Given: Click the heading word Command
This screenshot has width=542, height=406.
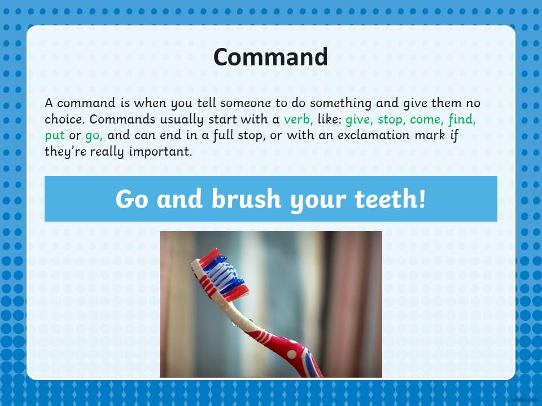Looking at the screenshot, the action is click(270, 57).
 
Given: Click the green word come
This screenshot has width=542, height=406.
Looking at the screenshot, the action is click(425, 120).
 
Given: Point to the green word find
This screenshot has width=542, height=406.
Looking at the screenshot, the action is click(461, 119).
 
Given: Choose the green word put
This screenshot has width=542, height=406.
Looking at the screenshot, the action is click(55, 135).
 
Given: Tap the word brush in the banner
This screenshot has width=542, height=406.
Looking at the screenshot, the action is click(246, 199).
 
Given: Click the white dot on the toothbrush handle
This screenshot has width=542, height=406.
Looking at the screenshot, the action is click(292, 354).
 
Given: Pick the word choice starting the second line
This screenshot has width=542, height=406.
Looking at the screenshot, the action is click(63, 119).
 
